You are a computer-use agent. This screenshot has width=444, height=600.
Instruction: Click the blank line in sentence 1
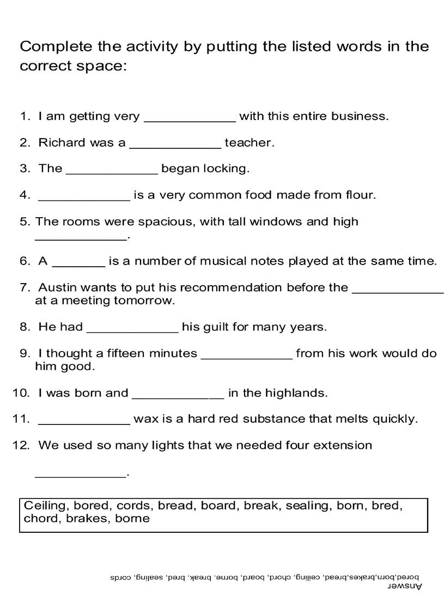click(190, 118)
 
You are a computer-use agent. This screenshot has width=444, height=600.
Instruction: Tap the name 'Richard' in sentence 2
click(62, 143)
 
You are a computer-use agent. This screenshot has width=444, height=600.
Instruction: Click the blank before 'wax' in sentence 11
click(84, 422)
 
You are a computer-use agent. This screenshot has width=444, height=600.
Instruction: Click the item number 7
click(24, 287)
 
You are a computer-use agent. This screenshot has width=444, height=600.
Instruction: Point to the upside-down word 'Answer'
click(405, 586)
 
